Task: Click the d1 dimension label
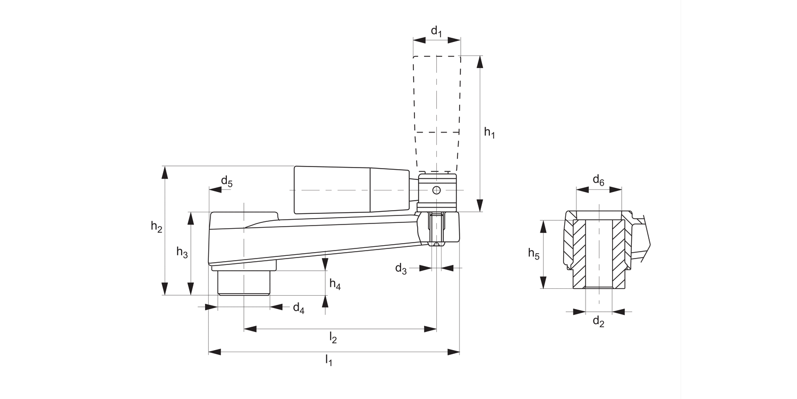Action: (436, 31)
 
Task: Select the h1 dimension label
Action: (489, 133)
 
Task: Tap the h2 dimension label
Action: (156, 227)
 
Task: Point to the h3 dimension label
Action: (182, 253)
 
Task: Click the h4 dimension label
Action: (335, 285)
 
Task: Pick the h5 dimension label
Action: (533, 254)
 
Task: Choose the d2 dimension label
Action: (598, 321)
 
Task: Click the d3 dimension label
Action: (401, 269)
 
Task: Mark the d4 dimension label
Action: (299, 307)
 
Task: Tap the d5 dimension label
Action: (226, 181)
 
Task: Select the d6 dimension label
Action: (598, 179)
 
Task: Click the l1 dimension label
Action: (329, 361)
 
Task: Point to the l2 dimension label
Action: (334, 337)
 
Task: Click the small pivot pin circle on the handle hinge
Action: (436, 190)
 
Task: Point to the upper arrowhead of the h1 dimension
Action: (480, 62)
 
